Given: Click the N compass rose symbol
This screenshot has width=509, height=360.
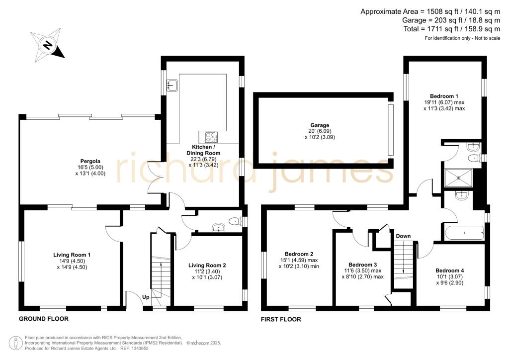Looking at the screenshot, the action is coord(48,45).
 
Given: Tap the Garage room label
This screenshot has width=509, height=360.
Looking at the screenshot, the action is coord(320,125).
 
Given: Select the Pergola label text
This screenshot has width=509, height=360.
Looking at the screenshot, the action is coord(90,161).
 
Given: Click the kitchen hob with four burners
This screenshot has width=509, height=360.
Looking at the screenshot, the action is coord(211,137).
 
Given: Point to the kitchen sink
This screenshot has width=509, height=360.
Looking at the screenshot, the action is coord(172,85).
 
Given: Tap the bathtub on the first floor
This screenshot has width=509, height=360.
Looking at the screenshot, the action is coord(465,233).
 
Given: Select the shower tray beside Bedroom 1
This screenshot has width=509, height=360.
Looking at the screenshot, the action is coord(458,178).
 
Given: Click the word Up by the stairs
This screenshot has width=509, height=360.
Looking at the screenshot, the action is coord(146,297).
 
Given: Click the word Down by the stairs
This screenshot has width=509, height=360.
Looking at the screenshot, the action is coord(403,236).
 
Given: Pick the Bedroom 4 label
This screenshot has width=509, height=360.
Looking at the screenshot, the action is coord(449,270).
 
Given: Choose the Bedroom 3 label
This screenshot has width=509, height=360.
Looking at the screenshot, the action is coord(362,265).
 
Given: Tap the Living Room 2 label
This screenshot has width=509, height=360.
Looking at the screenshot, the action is coord(207,265).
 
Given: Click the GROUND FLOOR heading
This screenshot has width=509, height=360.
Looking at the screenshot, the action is coord(44,319).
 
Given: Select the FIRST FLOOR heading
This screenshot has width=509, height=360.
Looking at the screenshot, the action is coord(281,319).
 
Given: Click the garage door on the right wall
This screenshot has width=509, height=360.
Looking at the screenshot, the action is coord(391,130).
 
